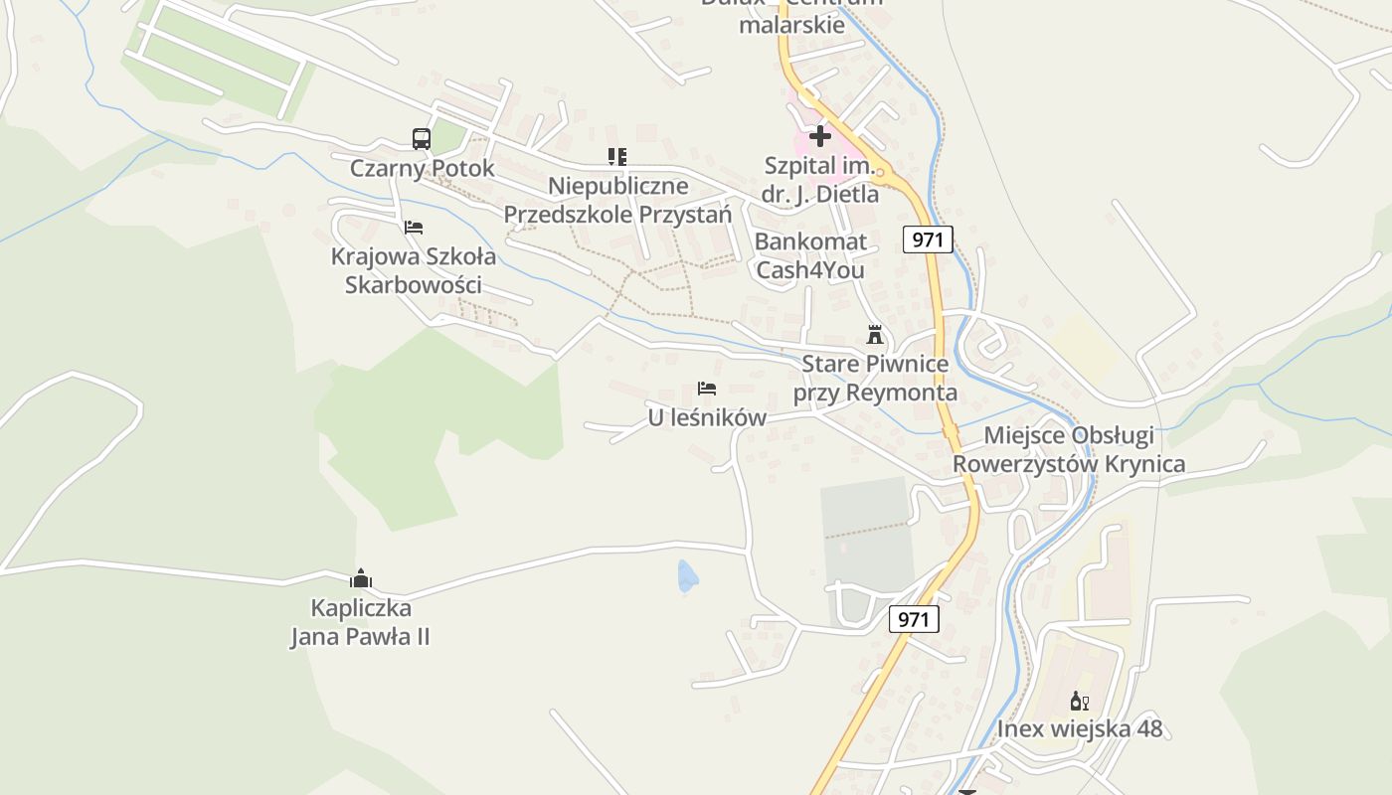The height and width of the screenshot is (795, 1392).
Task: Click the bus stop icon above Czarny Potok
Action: click(x=422, y=139)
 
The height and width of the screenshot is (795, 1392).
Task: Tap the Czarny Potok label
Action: click(x=422, y=168)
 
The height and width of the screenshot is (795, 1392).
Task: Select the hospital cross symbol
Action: click(x=820, y=135)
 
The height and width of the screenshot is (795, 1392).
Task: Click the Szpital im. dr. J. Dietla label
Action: click(x=820, y=180)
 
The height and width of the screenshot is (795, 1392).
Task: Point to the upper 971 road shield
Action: click(x=929, y=238)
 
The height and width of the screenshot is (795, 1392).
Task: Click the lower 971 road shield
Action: click(x=913, y=620)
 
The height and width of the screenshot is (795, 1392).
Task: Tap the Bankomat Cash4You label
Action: click(x=810, y=255)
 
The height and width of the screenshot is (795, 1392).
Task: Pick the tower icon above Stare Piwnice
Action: click(x=875, y=335)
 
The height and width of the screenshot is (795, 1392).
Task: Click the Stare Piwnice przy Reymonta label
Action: click(x=875, y=379)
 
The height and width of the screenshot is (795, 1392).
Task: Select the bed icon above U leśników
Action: click(x=707, y=389)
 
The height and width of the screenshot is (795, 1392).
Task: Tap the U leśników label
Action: click(x=707, y=418)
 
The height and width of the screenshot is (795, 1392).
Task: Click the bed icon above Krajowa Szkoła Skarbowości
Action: click(x=414, y=227)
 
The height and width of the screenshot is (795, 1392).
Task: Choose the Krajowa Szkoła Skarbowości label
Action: click(x=414, y=270)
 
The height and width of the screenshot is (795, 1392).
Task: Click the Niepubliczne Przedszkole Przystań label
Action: click(x=617, y=200)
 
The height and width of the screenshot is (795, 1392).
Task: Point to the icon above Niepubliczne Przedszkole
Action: click(x=617, y=156)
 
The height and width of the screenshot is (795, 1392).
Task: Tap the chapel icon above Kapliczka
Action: click(x=360, y=578)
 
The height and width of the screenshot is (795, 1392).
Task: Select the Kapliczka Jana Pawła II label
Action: click(x=360, y=622)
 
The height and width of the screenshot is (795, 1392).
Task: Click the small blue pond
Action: click(x=687, y=576)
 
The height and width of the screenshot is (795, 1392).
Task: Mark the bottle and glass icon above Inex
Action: click(x=1080, y=701)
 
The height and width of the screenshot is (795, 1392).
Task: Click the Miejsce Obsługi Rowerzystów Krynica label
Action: click(x=1069, y=449)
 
